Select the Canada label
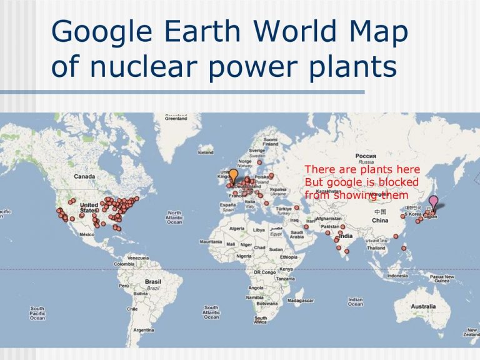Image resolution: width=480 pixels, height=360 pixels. point(84,176)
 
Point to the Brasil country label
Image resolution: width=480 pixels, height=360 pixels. point(152,282)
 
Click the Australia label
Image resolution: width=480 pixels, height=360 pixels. point(423,306)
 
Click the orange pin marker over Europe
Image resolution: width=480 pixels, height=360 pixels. point(233,176)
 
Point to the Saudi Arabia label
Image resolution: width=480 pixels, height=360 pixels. point(297,235)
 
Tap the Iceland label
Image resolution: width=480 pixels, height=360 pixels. point(205,152)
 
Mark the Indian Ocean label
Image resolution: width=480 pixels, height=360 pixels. point(355,302)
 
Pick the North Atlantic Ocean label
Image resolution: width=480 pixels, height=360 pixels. point(174,217)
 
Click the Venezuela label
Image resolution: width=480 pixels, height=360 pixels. point(138,257)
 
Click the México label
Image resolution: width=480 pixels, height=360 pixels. point(86,234)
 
